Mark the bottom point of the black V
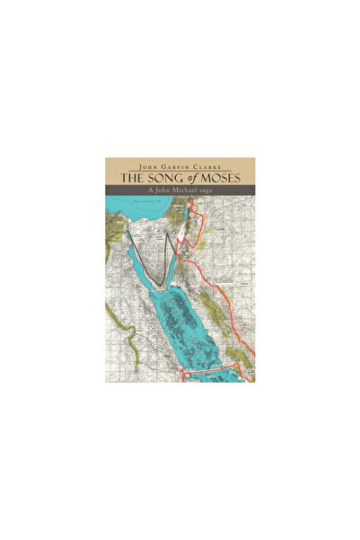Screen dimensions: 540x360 [161, 287]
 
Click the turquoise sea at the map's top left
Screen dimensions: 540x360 [121, 216]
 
